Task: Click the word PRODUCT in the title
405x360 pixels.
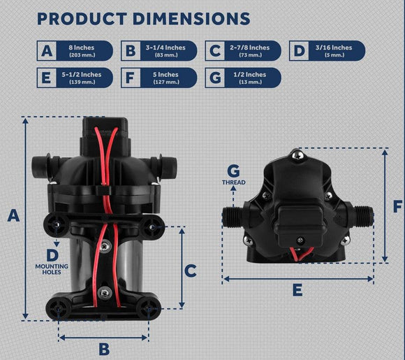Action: pyautogui.click(x=82, y=19)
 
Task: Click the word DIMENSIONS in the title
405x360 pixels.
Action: pyautogui.click(x=191, y=19)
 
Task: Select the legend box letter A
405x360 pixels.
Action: pyautogui.click(x=47, y=51)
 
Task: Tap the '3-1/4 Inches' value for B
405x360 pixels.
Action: pyautogui.click(x=165, y=48)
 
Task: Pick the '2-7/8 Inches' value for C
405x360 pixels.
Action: pyautogui.click(x=250, y=48)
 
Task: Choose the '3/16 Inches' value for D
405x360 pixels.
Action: pyautogui.click(x=334, y=48)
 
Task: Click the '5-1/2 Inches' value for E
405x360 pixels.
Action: pyautogui.click(x=82, y=75)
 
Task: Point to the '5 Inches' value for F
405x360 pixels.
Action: pyautogui.click(x=165, y=75)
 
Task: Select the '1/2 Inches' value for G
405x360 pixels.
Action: pyautogui.click(x=250, y=75)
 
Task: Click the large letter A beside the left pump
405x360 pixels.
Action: pyautogui.click(x=13, y=216)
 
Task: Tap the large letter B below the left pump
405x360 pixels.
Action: pyautogui.click(x=104, y=349)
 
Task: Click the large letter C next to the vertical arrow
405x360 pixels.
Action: pyautogui.click(x=191, y=271)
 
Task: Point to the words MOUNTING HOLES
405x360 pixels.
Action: pyautogui.click(x=52, y=269)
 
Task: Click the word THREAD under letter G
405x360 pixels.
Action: pyautogui.click(x=234, y=182)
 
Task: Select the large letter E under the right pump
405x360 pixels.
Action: pyautogui.click(x=297, y=289)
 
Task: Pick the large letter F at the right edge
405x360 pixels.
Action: pyautogui.click(x=398, y=206)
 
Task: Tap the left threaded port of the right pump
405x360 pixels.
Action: pyautogui.click(x=233, y=217)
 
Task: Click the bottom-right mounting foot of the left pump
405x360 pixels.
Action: pyautogui.click(x=149, y=309)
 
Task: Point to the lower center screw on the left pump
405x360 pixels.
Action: pyautogui.click(x=105, y=292)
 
